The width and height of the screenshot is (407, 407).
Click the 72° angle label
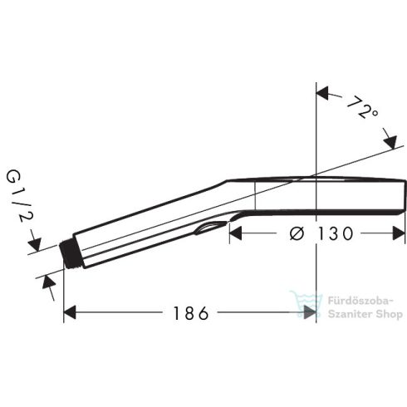363,109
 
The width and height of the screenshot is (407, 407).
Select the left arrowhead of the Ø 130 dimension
238,235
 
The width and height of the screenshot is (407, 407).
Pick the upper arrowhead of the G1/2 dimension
34,244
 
